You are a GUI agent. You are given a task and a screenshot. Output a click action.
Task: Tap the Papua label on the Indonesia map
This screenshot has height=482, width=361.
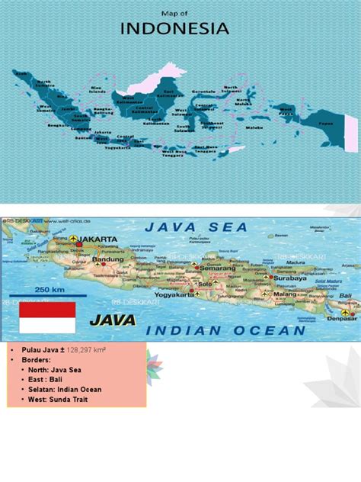(x=326, y=123)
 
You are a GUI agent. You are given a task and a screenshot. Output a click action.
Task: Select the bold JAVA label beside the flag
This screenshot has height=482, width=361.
(x=113, y=320)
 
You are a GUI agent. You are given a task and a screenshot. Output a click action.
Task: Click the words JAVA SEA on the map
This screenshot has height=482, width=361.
(x=196, y=227)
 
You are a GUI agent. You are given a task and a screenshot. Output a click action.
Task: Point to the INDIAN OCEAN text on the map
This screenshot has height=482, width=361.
(x=226, y=330)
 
